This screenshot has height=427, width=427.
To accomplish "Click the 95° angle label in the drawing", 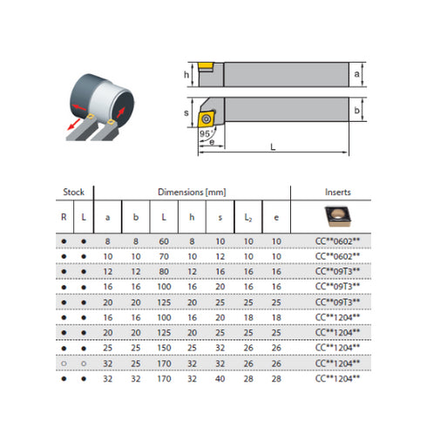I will click(206, 133).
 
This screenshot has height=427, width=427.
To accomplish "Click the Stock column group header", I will click(72, 192).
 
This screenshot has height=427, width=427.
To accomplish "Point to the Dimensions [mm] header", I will click(191, 192).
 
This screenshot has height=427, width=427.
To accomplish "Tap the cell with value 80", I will click(163, 270).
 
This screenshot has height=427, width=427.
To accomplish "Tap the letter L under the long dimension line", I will click(274, 149).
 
